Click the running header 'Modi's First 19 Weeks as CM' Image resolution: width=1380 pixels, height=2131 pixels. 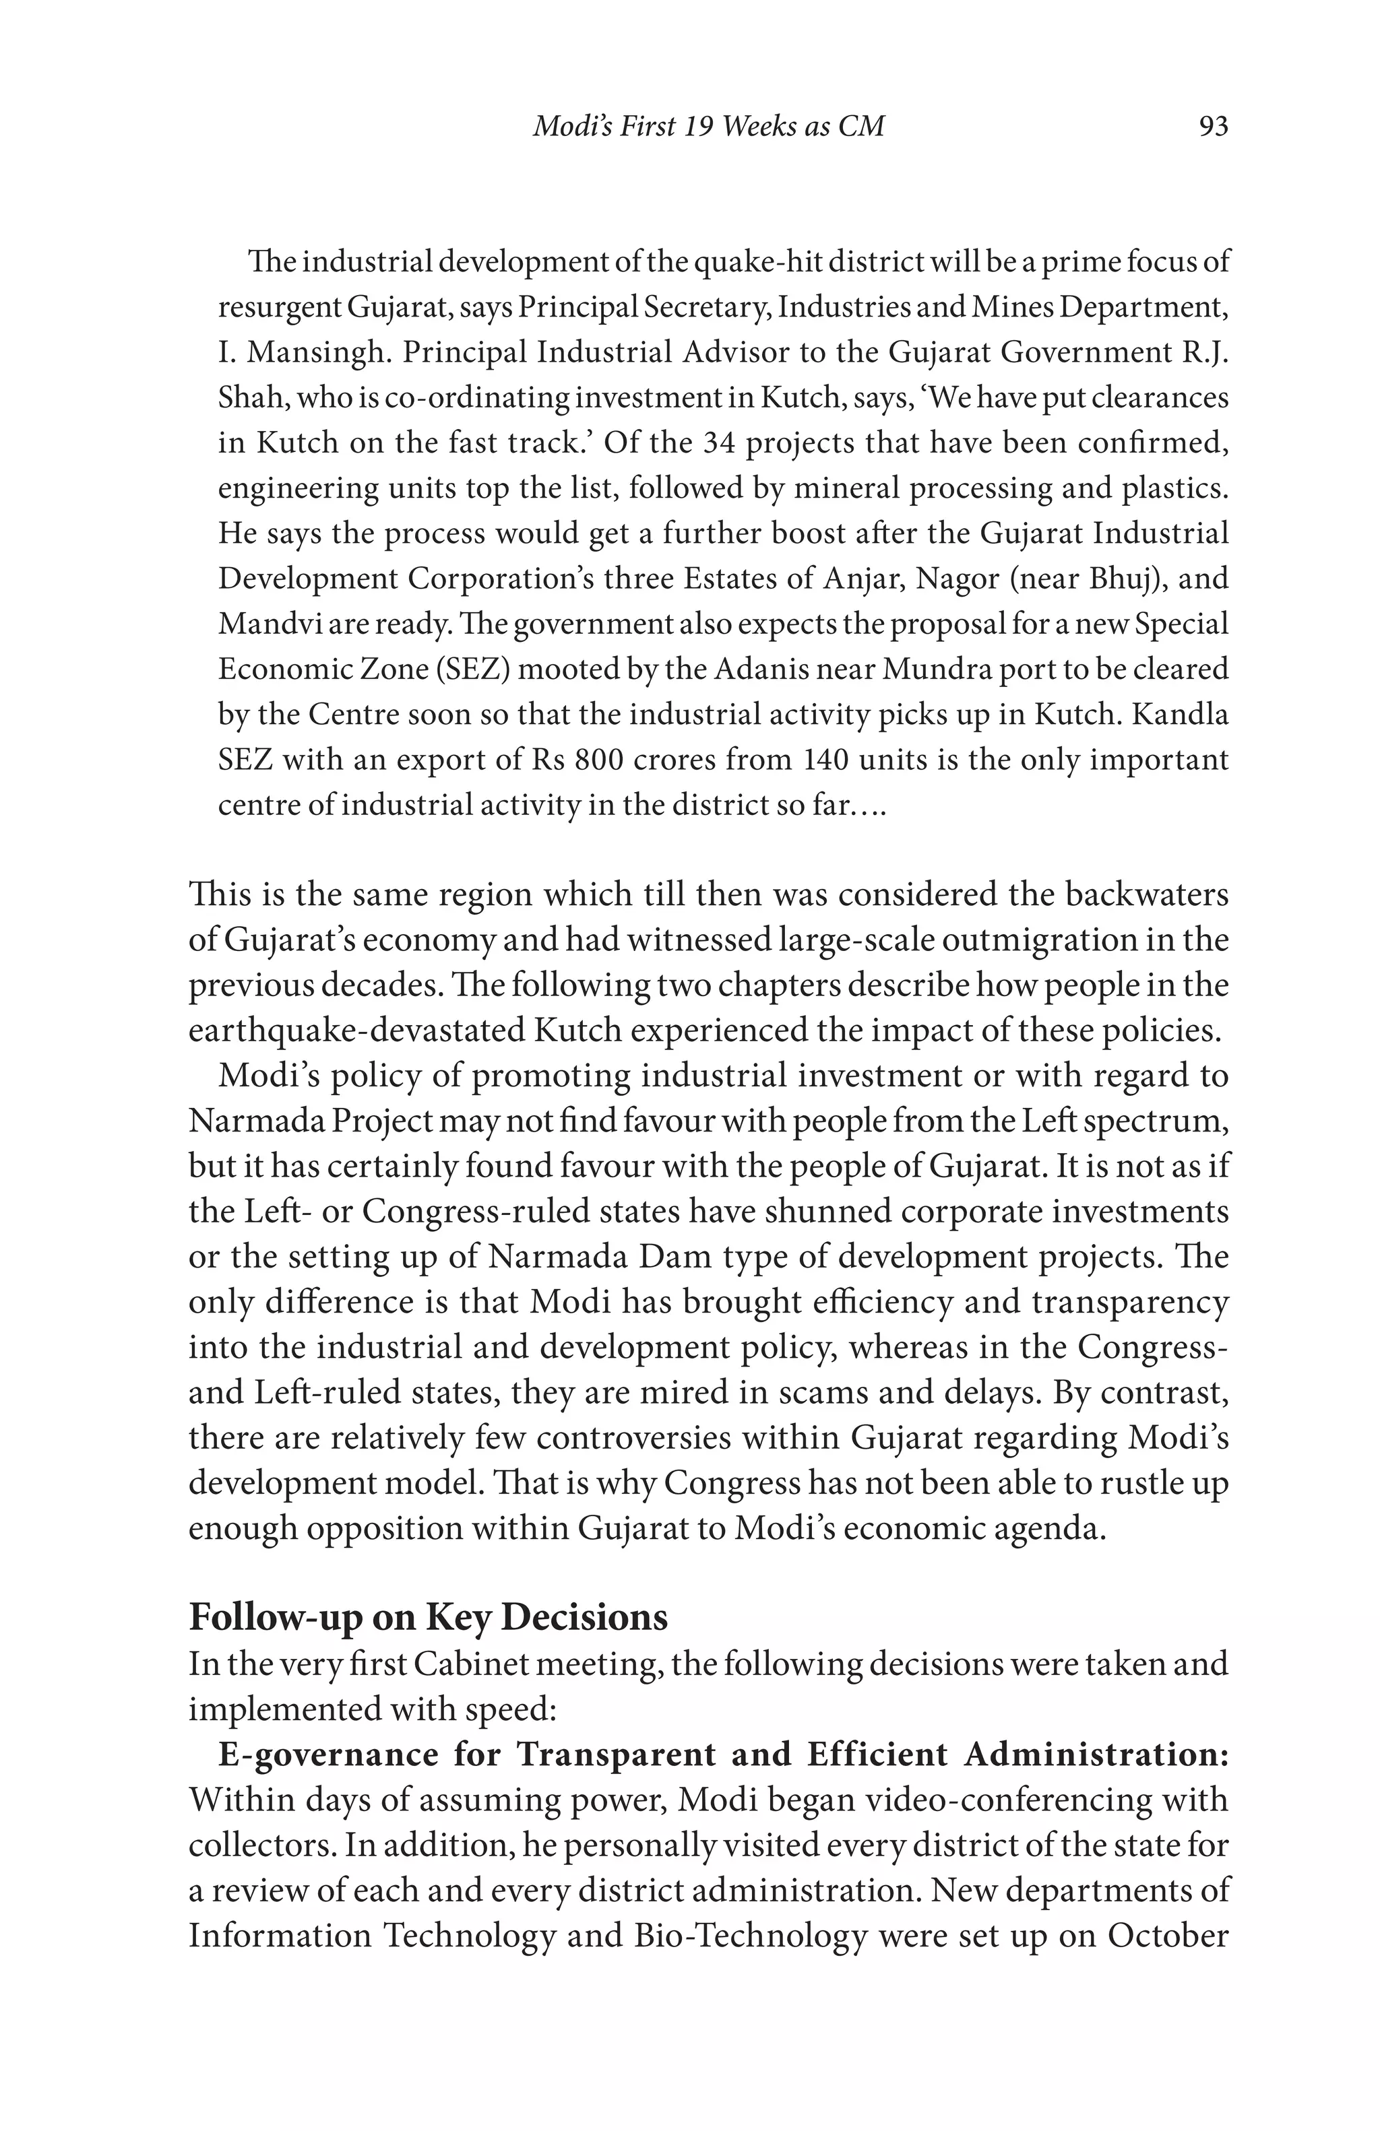coord(708,126)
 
